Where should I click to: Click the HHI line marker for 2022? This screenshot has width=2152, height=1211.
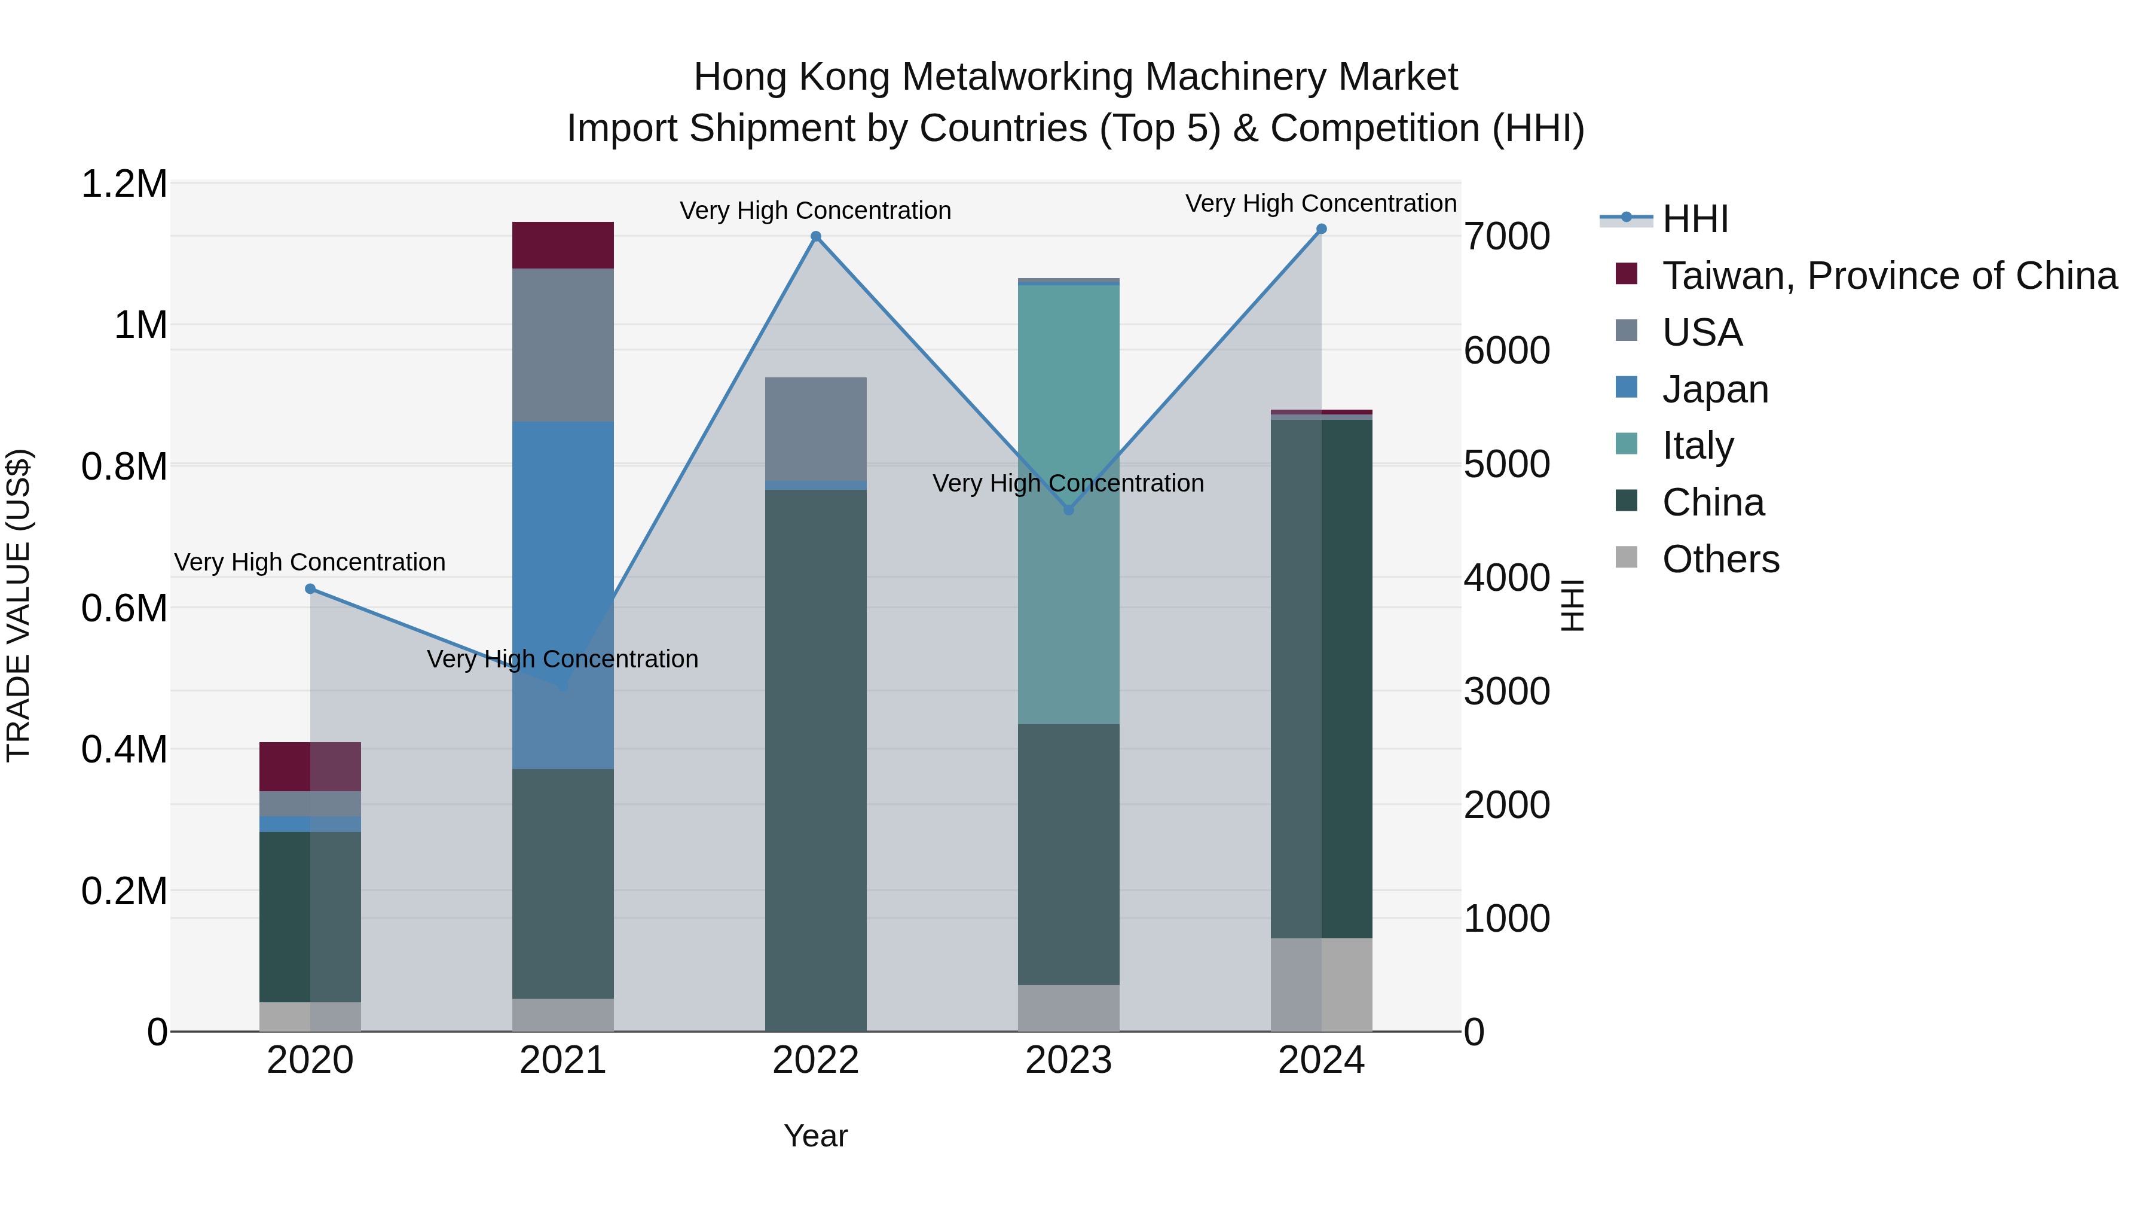coord(815,236)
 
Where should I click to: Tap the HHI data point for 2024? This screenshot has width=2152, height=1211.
coord(1320,229)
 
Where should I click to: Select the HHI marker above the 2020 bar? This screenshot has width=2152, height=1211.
coord(310,589)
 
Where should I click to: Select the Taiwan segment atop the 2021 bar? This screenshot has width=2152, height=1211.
coord(563,245)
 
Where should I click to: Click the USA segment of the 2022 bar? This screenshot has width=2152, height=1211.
coord(815,429)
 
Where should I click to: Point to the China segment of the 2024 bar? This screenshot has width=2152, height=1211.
coord(1320,677)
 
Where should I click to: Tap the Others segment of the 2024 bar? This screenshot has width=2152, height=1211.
coord(1320,984)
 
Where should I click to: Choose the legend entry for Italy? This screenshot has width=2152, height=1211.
coord(1698,446)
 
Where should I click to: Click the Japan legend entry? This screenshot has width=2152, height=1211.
coord(1715,389)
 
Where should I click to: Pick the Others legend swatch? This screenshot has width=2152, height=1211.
coord(1627,557)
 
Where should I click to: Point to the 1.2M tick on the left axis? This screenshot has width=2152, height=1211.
coord(124,184)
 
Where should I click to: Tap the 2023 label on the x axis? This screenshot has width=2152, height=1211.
coord(1068,1060)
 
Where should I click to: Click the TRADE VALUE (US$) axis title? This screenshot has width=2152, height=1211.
coord(19,605)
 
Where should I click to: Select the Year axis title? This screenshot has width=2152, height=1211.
coord(815,1136)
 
